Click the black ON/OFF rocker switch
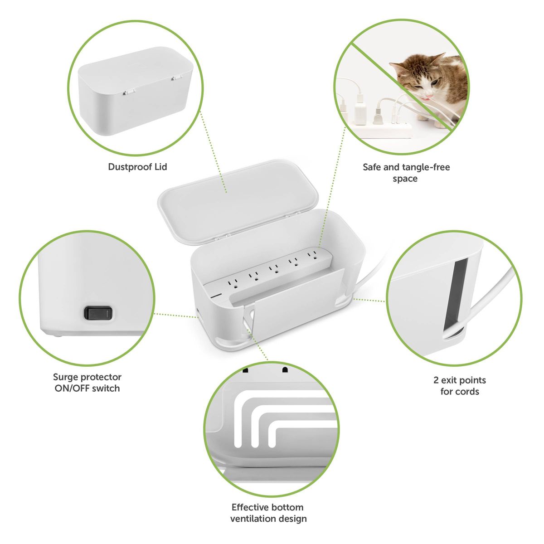click(x=98, y=313)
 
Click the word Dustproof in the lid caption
click(x=130, y=167)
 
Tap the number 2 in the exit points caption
click(x=436, y=380)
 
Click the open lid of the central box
click(x=238, y=201)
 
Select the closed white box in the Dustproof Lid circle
click(x=135, y=91)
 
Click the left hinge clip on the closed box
click(x=128, y=92)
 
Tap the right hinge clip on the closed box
click(x=176, y=78)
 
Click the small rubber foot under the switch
click(x=58, y=335)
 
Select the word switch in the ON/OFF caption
click(x=106, y=389)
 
